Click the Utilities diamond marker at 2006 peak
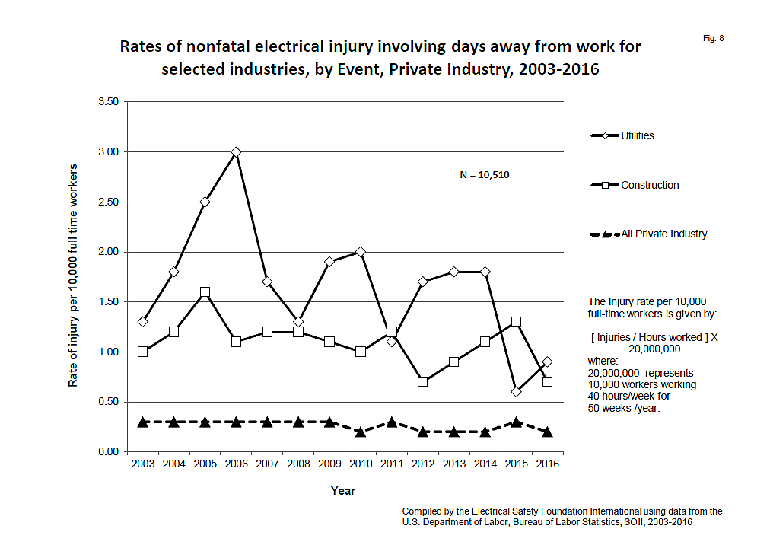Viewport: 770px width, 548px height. pos(236,152)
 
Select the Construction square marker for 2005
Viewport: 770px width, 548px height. pos(205,292)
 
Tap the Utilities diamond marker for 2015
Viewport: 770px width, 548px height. pos(517,392)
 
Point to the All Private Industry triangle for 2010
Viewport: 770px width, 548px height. pos(361,431)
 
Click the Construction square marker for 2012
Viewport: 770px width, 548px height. pos(423,381)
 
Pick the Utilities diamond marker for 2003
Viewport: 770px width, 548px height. pos(142,322)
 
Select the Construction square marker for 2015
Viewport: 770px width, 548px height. pos(517,322)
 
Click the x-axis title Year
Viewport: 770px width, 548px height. pos(343,491)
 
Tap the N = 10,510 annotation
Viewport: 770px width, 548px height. pos(485,175)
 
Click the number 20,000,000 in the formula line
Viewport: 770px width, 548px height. pos(654,348)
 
